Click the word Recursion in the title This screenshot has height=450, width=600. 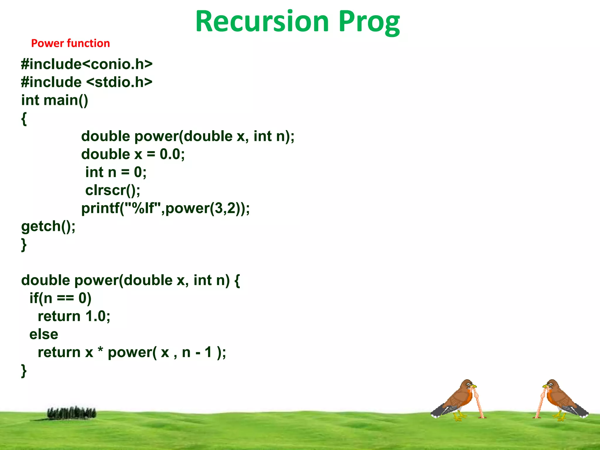tap(262, 22)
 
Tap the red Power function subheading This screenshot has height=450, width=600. tap(70, 43)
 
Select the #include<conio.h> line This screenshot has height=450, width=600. tap(87, 64)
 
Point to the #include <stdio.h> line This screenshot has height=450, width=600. tap(87, 82)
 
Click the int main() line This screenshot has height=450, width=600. tap(54, 100)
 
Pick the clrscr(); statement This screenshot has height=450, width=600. tap(112, 190)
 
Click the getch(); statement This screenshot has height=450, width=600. tap(48, 226)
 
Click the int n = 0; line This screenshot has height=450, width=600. tap(116, 172)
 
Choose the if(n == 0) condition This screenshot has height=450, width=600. tap(60, 298)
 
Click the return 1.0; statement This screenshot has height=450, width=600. tap(74, 316)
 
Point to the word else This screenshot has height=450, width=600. tap(44, 334)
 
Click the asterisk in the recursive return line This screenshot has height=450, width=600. tap(100, 350)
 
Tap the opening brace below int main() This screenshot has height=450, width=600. tap(24, 119)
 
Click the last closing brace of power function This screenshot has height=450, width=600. tap(24, 371)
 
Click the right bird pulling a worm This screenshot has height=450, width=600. tap(561, 400)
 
